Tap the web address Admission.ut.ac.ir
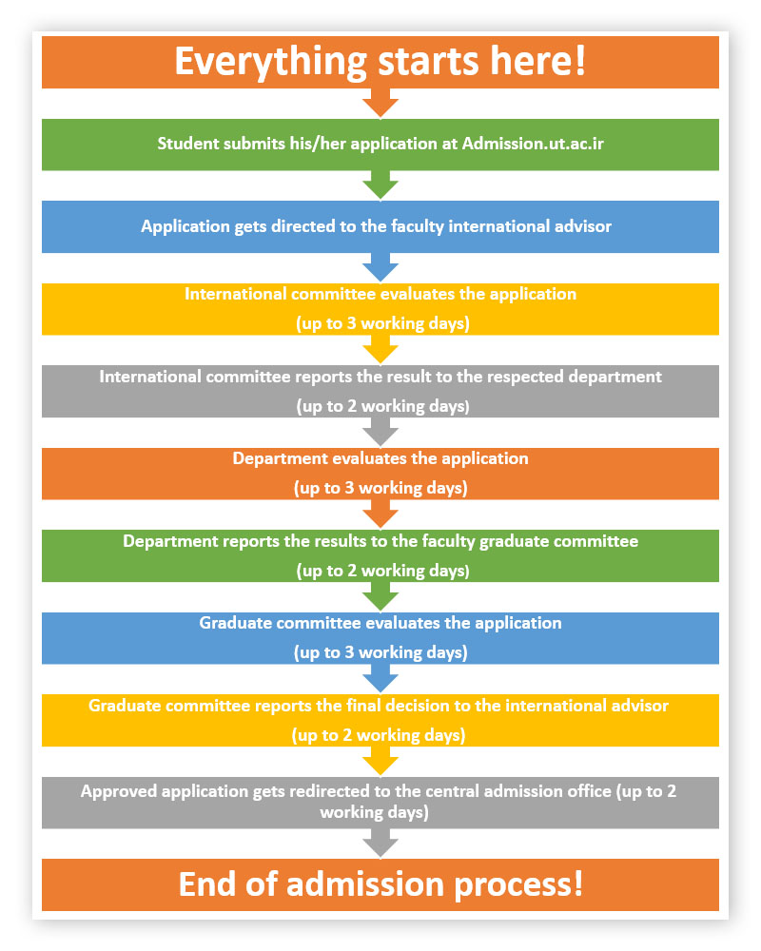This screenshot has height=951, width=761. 533,144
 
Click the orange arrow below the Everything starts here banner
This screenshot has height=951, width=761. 380,103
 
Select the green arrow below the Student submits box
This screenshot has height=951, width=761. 380,185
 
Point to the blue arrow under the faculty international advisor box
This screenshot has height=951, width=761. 380,267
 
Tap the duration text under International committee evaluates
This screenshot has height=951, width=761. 383,323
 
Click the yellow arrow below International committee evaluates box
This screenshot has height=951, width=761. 380,349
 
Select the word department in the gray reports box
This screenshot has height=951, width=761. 615,378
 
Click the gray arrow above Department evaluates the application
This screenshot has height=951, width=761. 380,432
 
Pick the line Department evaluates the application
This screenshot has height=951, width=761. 380,459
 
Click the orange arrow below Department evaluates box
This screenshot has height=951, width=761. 380,514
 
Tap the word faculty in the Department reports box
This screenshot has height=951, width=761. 448,542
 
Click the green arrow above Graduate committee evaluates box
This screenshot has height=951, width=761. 380,597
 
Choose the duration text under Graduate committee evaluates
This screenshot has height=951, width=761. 380,652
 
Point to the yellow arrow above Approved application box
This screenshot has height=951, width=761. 380,761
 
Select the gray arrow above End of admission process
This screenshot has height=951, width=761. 380,844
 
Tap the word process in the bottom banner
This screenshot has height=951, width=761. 518,884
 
